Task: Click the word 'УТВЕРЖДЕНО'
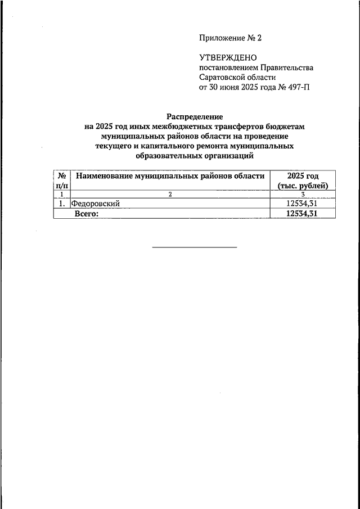point(228,58)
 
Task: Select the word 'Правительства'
point(286,67)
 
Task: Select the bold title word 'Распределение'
point(195,116)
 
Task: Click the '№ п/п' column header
point(62,181)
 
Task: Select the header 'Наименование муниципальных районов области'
point(170,176)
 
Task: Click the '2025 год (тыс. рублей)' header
point(303,181)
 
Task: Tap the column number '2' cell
point(170,194)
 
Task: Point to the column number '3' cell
point(303,194)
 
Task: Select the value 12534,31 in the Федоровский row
point(303,204)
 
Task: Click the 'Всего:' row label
point(87,214)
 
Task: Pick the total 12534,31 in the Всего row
point(303,214)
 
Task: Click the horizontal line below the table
point(195,247)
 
